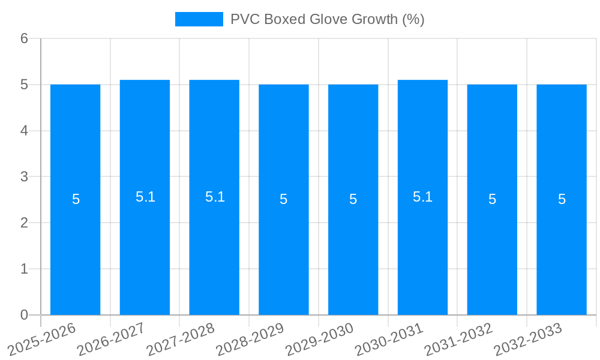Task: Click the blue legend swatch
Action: (199, 19)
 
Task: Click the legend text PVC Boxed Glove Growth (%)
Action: (327, 19)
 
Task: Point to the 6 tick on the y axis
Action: (24, 38)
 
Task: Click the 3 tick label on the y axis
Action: (24, 177)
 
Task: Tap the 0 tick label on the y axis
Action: (24, 315)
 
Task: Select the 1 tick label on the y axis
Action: (24, 269)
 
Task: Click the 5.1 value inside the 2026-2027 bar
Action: (145, 197)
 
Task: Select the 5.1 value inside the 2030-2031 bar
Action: (422, 197)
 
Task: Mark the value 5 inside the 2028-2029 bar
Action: (284, 199)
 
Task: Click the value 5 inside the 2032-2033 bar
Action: (562, 199)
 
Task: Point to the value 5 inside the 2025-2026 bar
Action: (76, 199)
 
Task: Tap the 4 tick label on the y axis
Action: (24, 131)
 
